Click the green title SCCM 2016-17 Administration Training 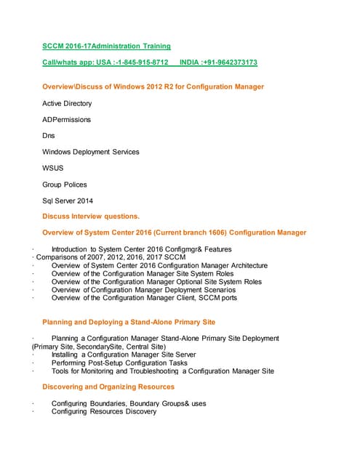pyautogui.click(x=107, y=46)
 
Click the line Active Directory pyautogui.click(x=67, y=103)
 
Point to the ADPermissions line pyautogui.click(x=67, y=119)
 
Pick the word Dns pyautogui.click(x=49, y=135)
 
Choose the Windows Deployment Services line pyautogui.click(x=91, y=152)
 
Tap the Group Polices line pyautogui.click(x=65, y=185)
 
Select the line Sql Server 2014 pyautogui.click(x=68, y=201)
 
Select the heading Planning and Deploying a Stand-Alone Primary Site pyautogui.click(x=128, y=321)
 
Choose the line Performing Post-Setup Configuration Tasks pyautogui.click(x=120, y=363)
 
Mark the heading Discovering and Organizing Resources pyautogui.click(x=108, y=387)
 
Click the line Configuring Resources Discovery pyautogui.click(x=104, y=411)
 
